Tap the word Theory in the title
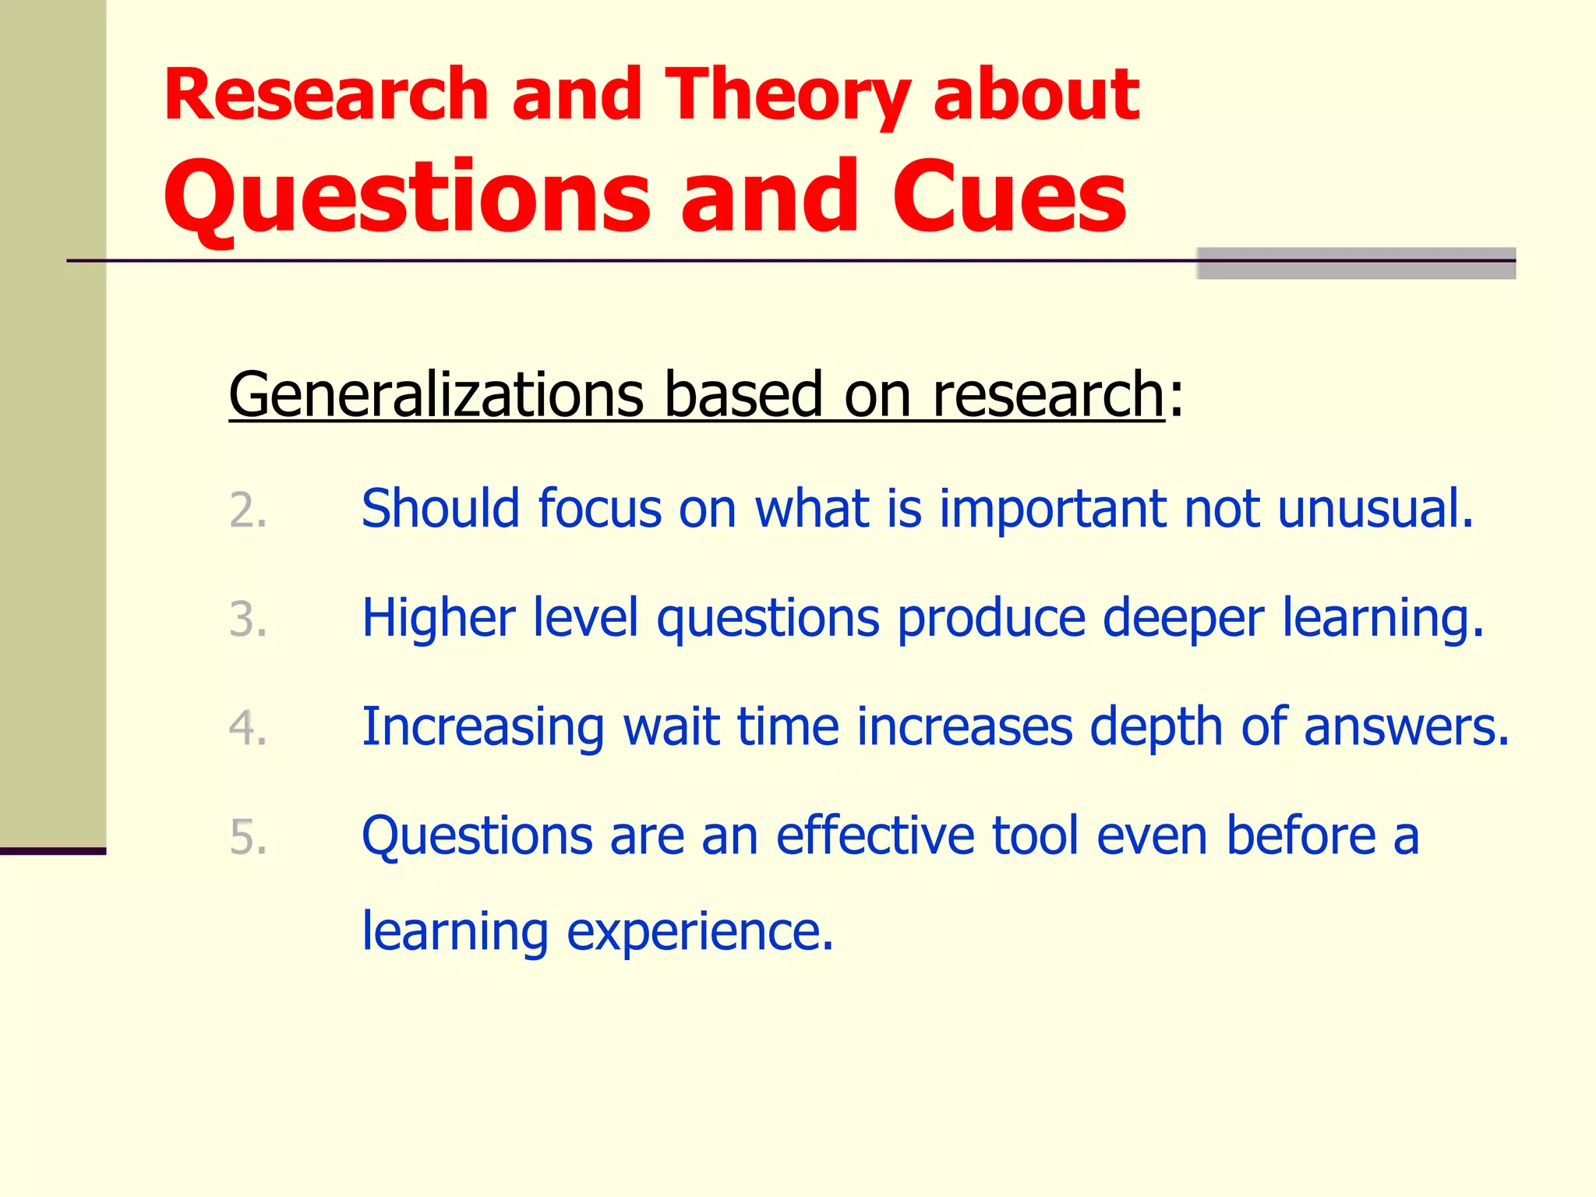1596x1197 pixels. point(787,97)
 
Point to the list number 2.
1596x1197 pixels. point(248,511)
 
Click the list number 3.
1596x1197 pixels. point(248,620)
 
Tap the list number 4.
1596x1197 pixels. point(248,729)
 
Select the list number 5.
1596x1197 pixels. point(248,838)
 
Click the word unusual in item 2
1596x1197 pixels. point(1375,509)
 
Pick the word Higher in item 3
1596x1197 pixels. point(438,618)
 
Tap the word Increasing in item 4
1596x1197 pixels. point(483,728)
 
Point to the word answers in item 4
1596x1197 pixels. point(1407,728)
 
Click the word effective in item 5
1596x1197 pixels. point(875,835)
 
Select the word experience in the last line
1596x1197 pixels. point(699,932)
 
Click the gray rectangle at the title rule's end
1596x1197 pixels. point(1355,263)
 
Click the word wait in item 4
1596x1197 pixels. point(671,727)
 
